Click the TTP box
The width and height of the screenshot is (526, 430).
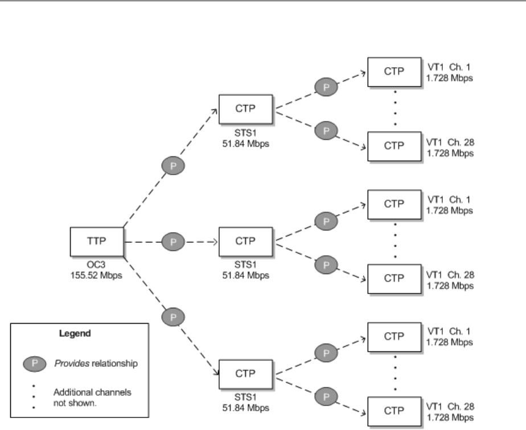(97, 242)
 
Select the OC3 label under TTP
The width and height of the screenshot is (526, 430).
(97, 264)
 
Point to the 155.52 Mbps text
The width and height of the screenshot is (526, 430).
(97, 274)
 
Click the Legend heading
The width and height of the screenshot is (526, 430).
(72, 334)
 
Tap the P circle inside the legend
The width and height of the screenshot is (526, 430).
(34, 363)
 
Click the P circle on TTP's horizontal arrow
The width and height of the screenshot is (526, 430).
(174, 242)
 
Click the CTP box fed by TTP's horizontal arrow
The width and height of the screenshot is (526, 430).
(246, 242)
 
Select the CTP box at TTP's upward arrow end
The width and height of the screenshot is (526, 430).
(246, 109)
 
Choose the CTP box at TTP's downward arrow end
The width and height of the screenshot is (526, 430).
(246, 374)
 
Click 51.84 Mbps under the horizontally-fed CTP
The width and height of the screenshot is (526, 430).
(246, 274)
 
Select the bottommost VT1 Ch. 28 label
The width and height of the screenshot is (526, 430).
(450, 408)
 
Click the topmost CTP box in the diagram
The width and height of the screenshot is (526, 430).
(394, 72)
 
